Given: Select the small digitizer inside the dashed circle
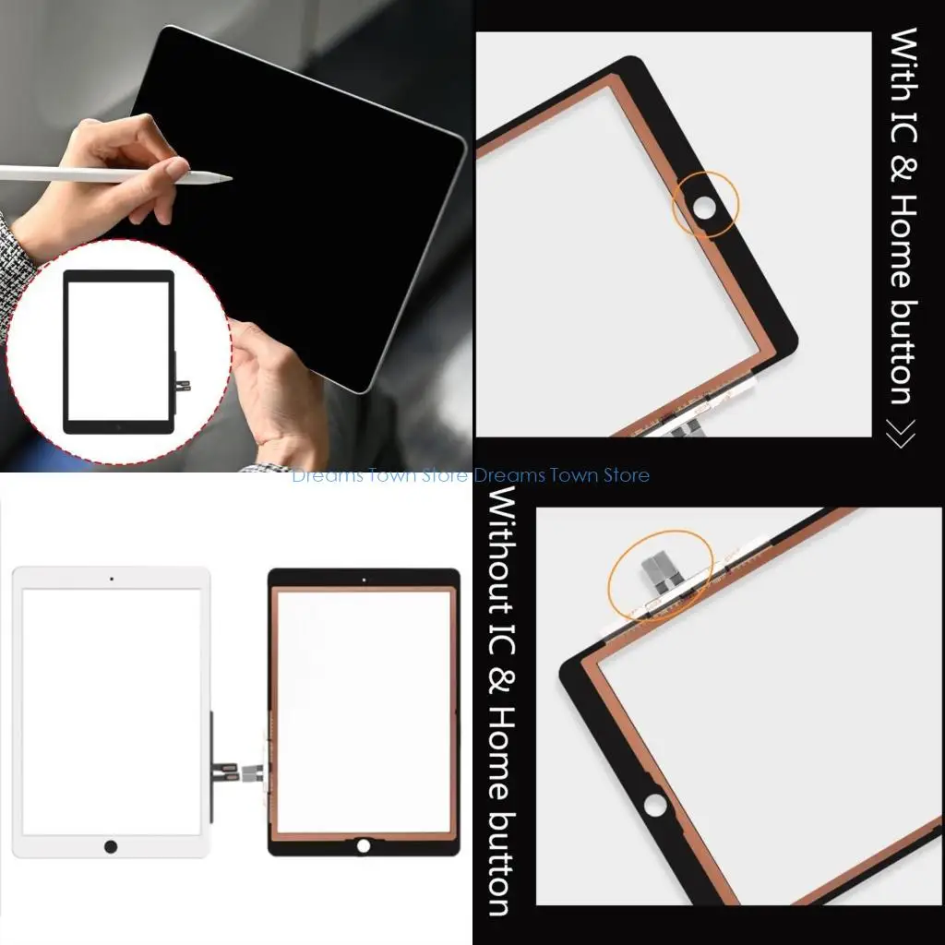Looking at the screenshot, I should (x=118, y=352).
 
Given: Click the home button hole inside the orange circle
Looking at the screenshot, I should (x=705, y=208).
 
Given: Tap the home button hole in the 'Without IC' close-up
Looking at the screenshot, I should (x=654, y=804).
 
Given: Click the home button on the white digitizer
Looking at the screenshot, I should (x=111, y=846).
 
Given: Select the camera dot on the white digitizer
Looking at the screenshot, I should (x=112, y=579).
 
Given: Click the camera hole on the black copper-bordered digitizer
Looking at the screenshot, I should (x=364, y=580).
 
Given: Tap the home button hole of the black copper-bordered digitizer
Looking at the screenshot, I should (x=364, y=844).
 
